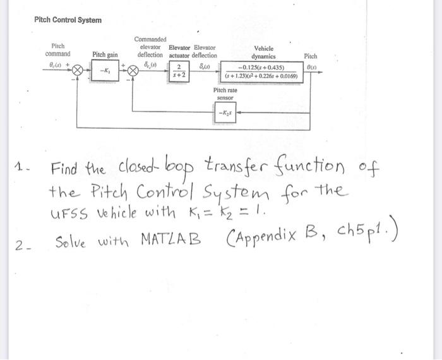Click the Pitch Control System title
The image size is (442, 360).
pos(68,20)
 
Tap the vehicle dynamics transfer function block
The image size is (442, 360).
pos(265,71)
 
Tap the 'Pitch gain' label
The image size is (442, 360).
pos(105,55)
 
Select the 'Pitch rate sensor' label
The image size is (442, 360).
pos(225,94)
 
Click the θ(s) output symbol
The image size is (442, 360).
pos(311,66)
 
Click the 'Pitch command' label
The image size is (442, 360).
pos(58,50)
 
